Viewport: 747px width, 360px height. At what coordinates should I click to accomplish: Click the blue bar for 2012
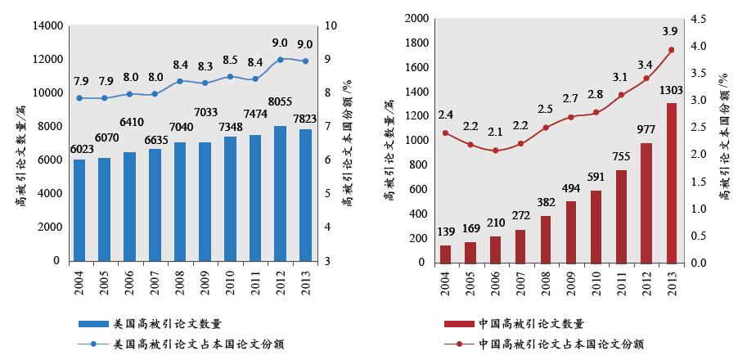pyautogui.click(x=280, y=194)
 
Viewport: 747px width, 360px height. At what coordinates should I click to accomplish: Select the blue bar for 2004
pyautogui.click(x=79, y=210)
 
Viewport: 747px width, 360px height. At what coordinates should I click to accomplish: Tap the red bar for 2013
pyautogui.click(x=672, y=182)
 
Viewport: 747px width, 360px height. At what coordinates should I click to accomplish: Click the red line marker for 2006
pyautogui.click(x=496, y=151)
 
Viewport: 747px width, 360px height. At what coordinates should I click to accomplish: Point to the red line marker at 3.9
pyautogui.click(x=672, y=50)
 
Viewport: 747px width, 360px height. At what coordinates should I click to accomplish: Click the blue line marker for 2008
pyautogui.click(x=180, y=81)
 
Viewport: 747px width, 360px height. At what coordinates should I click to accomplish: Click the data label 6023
pyautogui.click(x=79, y=149)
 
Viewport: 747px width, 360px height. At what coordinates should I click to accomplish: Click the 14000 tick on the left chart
pyautogui.click(x=47, y=26)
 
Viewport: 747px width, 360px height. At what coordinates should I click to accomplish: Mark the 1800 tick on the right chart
pyautogui.click(x=412, y=43)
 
